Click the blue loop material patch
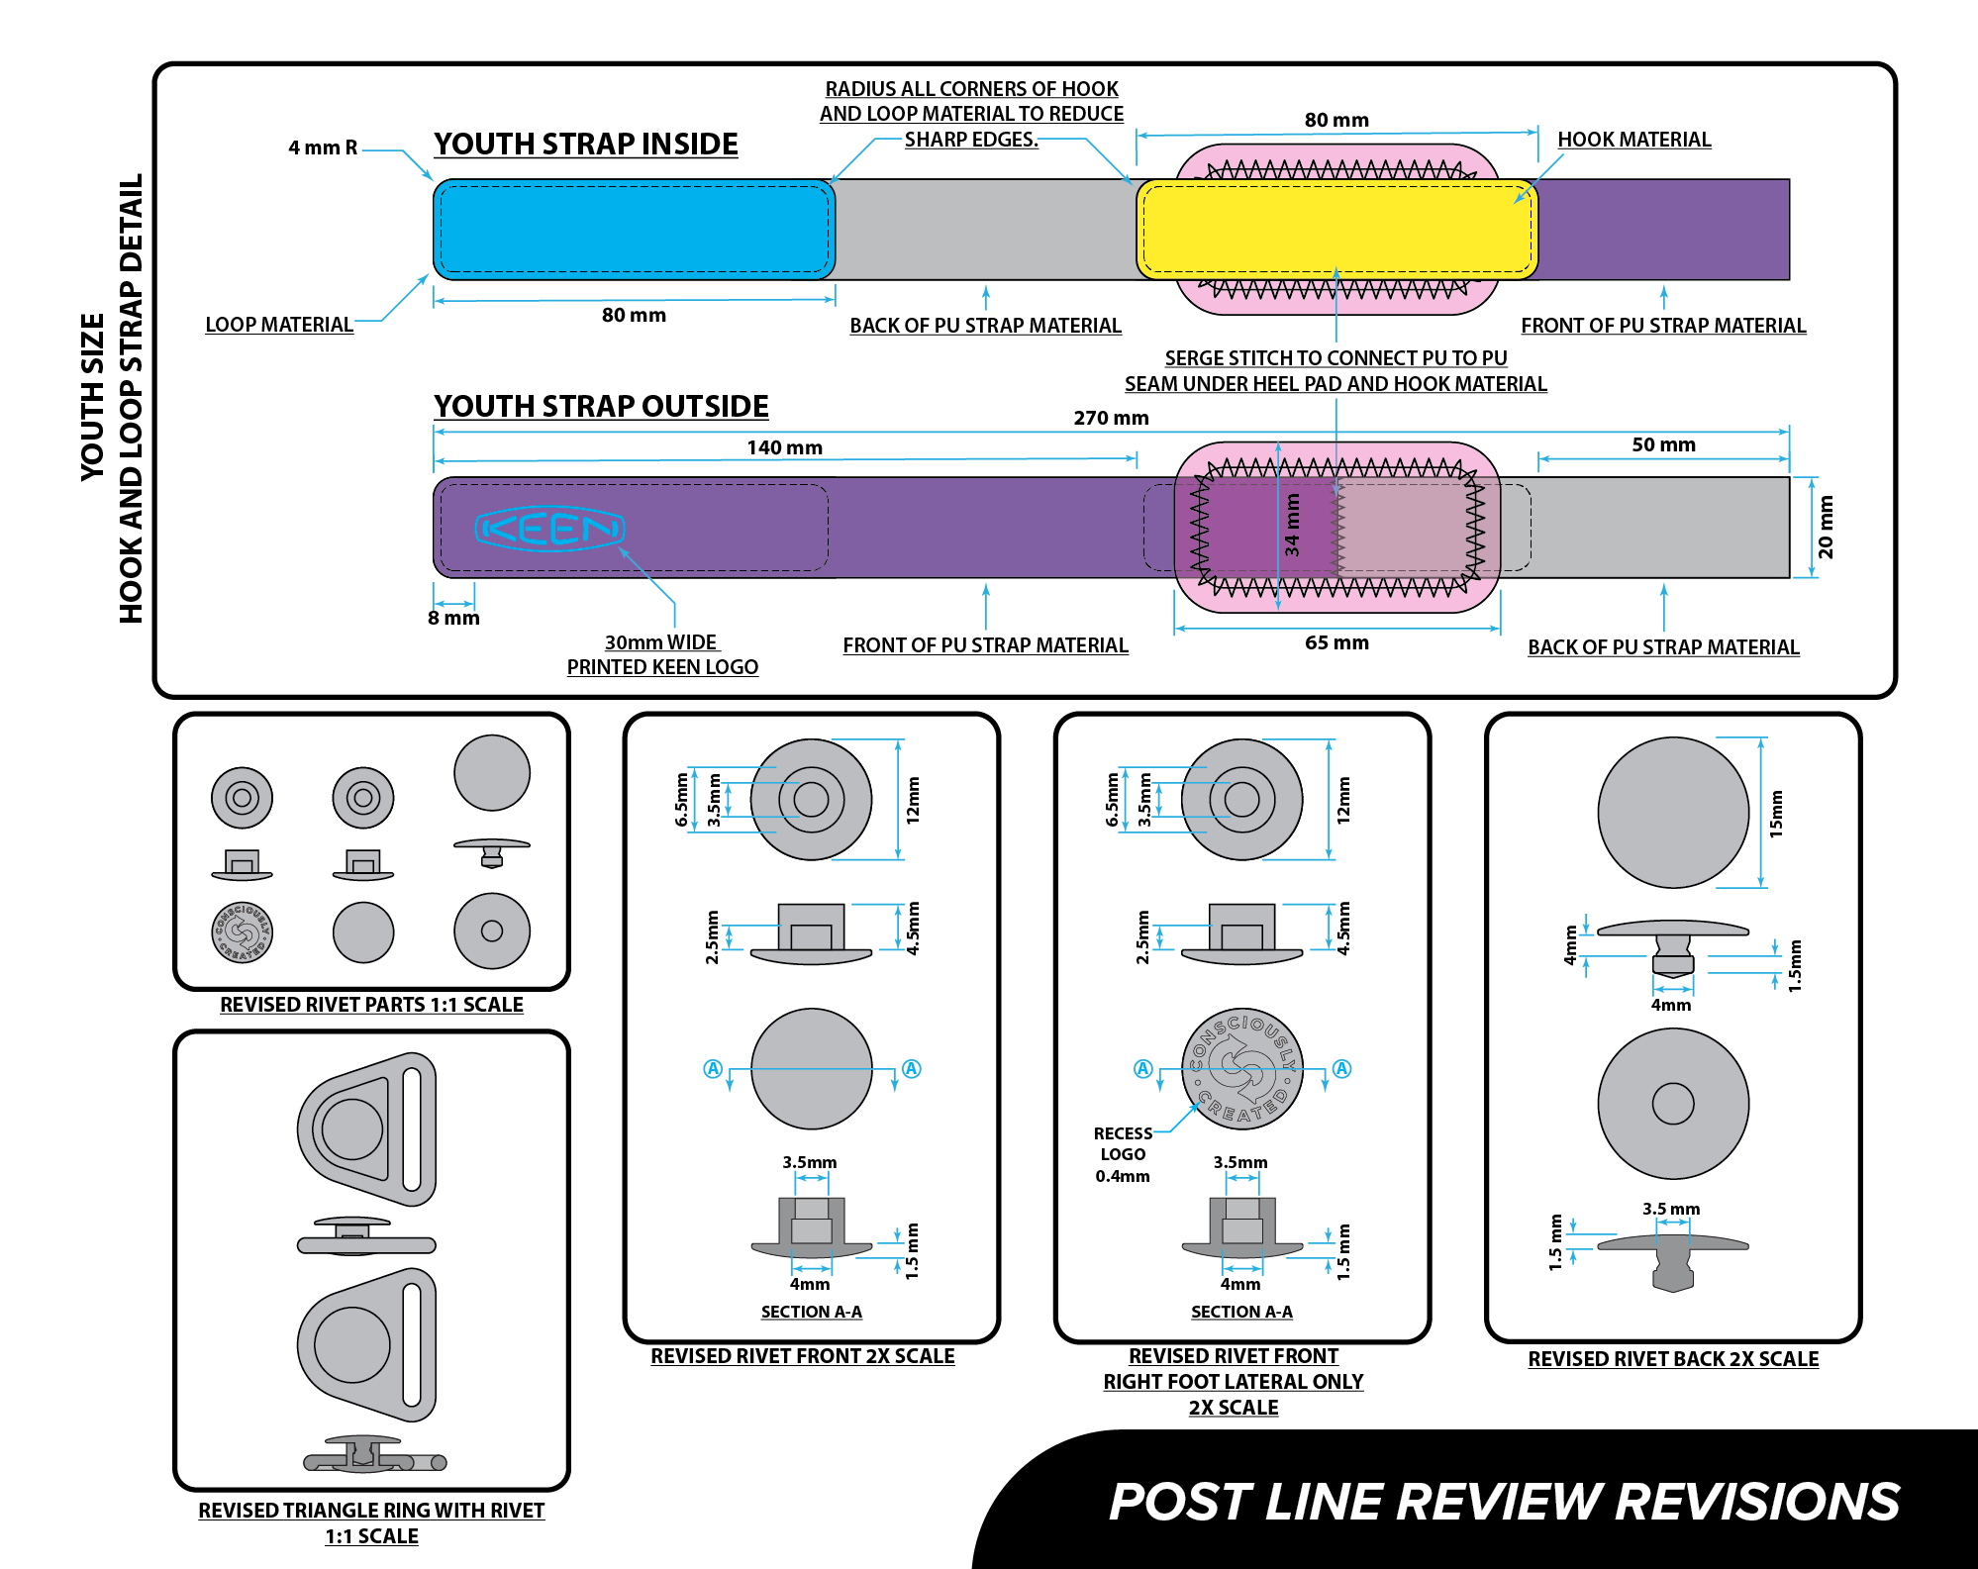pos(634,230)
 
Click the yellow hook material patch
pos(1336,230)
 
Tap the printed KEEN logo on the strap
pos(549,529)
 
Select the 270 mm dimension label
pos(1111,418)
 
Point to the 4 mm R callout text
pos(323,147)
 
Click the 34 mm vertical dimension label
pos(1292,525)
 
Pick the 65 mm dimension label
pos(1336,642)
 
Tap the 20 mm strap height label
pos(1826,527)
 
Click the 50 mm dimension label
pos(1663,444)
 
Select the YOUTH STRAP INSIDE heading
pos(585,145)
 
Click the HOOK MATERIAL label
pos(1633,140)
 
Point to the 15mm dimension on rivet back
pos(1776,814)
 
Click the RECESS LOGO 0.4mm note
pos(1123,1154)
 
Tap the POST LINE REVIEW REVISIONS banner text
pos(1504,1502)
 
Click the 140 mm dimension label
pos(784,447)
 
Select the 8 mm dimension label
pos(453,618)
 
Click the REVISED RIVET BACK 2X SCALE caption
pos(1673,1359)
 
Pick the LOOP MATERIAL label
pos(279,325)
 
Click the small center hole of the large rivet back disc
pos(1673,1104)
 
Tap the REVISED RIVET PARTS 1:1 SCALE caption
pos(371,1005)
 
